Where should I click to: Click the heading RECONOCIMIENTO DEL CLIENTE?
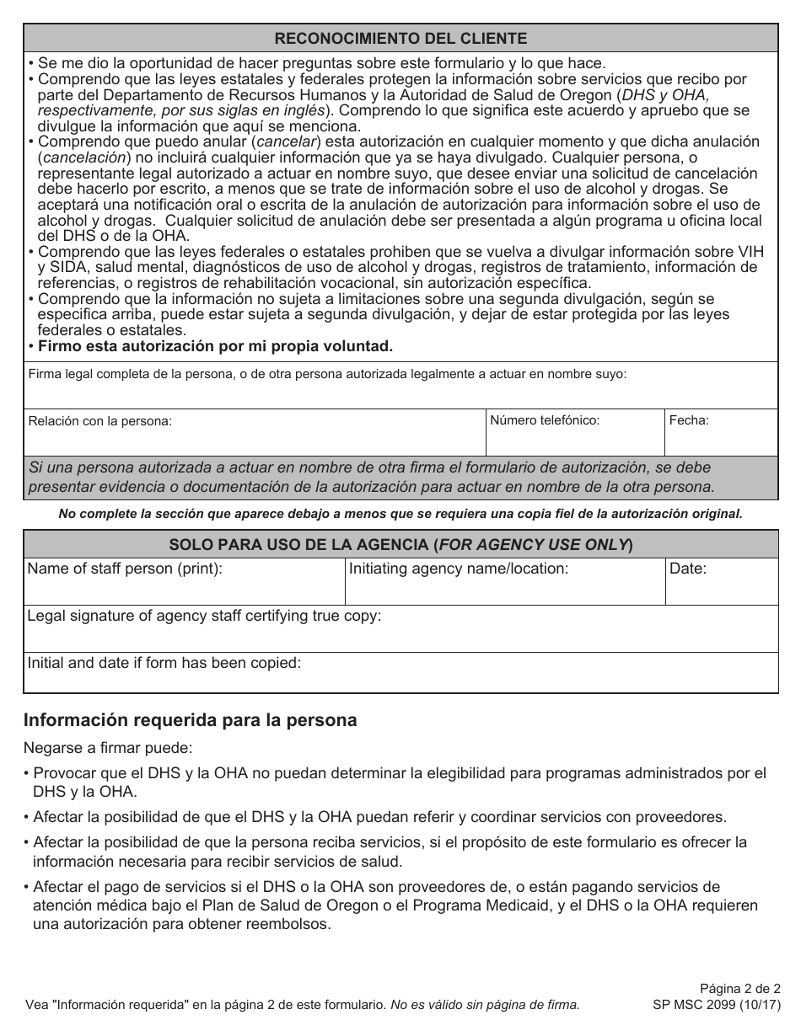tap(400, 39)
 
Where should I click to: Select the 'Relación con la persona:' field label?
tap(100, 421)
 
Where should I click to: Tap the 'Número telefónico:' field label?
tap(545, 419)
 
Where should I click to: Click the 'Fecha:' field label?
tap(689, 419)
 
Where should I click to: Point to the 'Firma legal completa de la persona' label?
tap(327, 374)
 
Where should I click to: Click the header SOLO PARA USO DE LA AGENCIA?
tap(400, 544)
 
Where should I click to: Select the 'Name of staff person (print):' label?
tap(125, 569)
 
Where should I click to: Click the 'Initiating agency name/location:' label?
tap(459, 569)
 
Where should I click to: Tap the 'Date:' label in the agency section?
tap(688, 569)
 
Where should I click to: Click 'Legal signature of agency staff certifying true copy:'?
tap(204, 616)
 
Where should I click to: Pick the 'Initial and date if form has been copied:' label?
tap(164, 663)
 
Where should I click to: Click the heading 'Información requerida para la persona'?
tap(191, 720)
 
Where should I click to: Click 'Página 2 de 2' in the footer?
tap(740, 988)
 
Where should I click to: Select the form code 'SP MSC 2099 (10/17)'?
tap(717, 1005)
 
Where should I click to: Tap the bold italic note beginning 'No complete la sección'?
tap(400, 514)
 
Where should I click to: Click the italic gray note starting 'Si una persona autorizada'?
tap(371, 477)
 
